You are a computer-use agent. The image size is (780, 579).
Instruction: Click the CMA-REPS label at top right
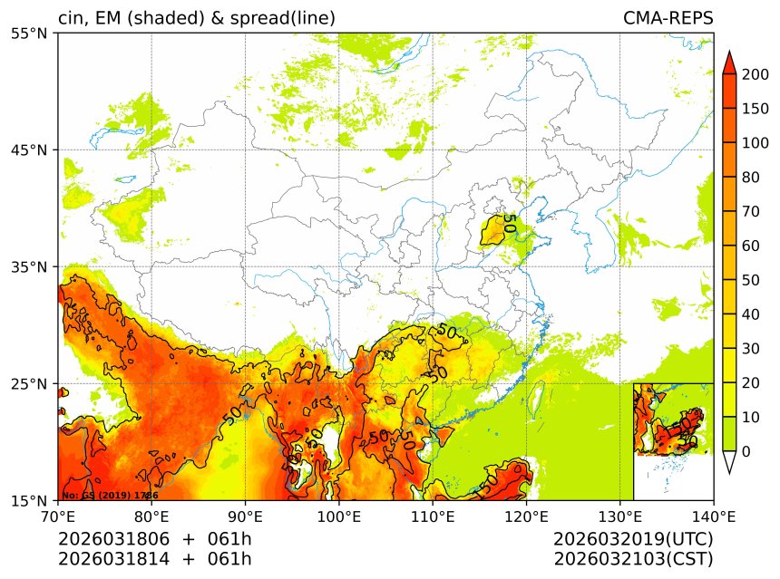click(668, 18)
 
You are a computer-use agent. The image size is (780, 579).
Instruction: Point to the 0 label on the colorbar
click(746, 451)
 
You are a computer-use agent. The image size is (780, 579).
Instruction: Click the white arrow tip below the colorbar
click(728, 463)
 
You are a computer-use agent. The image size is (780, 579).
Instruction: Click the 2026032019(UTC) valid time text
click(633, 539)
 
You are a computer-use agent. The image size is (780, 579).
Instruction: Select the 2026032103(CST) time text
click(633, 558)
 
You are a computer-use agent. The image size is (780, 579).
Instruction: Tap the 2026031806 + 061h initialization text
click(155, 539)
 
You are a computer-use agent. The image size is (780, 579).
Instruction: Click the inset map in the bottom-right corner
click(673, 441)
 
